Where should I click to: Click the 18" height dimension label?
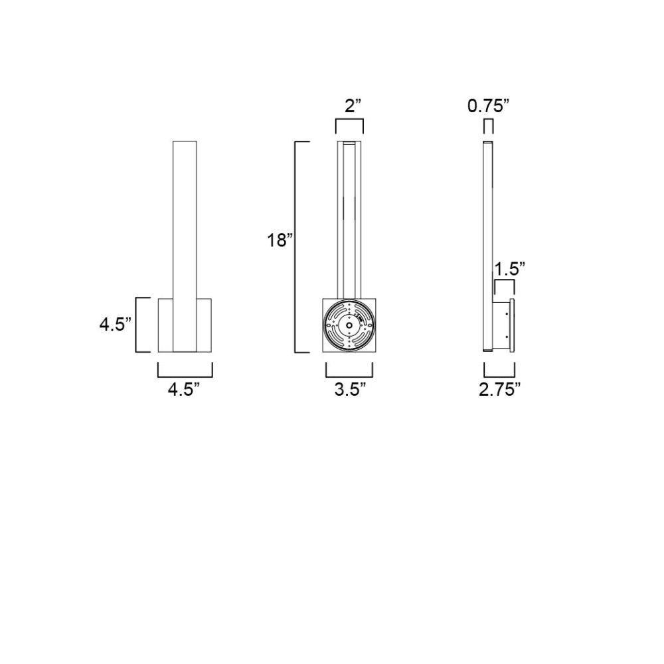click(x=280, y=240)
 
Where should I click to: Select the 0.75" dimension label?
click(x=488, y=106)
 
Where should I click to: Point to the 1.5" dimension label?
click(x=510, y=268)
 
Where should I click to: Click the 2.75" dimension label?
click(x=500, y=389)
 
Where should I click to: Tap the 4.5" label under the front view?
click(x=183, y=389)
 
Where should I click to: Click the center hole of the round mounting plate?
click(x=349, y=325)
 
